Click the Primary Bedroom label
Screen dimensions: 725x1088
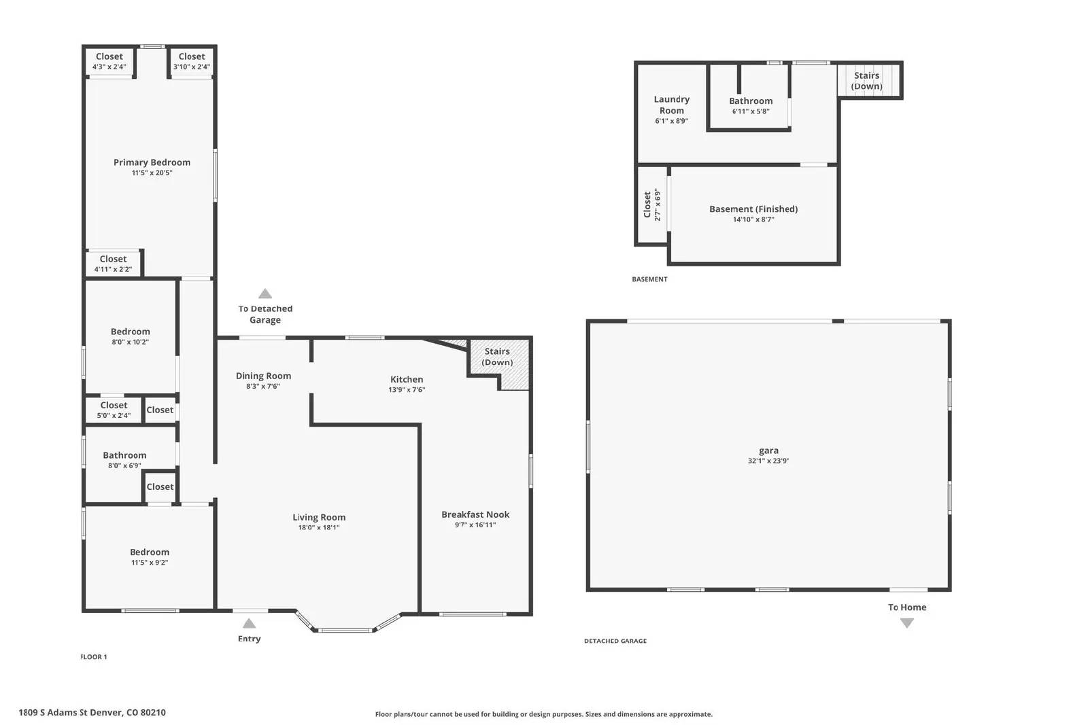click(152, 162)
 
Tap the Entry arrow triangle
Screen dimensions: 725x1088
click(250, 624)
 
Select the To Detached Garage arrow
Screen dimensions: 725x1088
click(265, 294)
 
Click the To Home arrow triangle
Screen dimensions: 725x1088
click(907, 623)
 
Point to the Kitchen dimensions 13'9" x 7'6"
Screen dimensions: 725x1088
click(407, 390)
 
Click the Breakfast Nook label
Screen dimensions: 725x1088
click(475, 514)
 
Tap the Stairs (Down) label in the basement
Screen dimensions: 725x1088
click(867, 81)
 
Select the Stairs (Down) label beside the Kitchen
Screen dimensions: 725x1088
click(497, 357)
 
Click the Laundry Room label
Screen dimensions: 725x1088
click(672, 105)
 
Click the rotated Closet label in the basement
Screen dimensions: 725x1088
click(647, 205)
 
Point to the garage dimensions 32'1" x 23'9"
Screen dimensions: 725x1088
click(768, 461)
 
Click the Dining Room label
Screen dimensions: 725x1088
click(263, 376)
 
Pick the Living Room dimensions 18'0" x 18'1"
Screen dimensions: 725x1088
click(319, 528)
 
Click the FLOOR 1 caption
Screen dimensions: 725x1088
click(94, 657)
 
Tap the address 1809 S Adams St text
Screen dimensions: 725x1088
click(92, 713)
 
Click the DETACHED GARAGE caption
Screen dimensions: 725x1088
click(615, 641)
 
